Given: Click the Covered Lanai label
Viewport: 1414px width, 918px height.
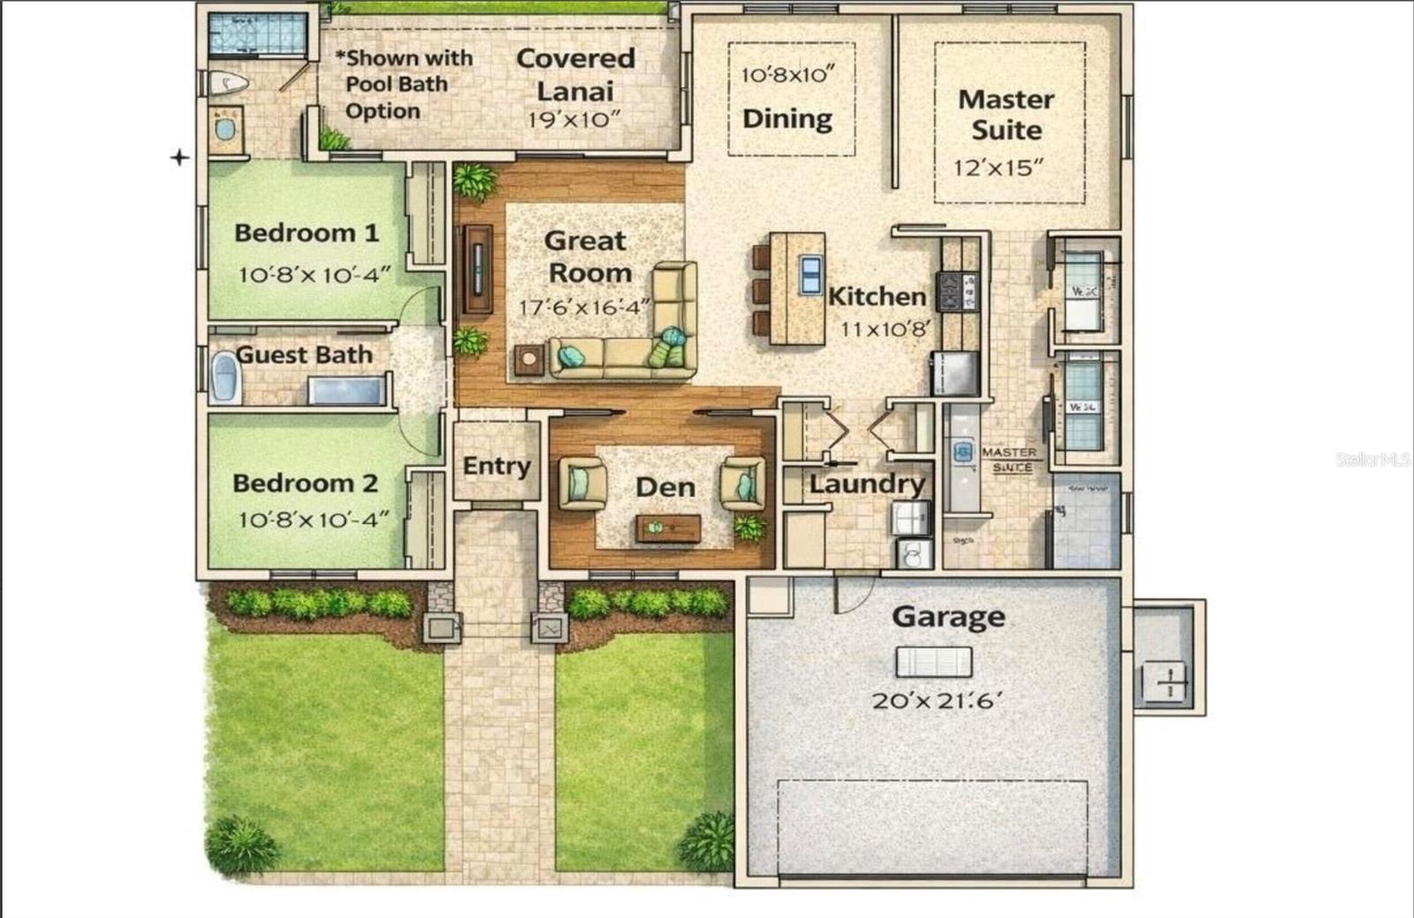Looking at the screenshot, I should click(x=575, y=74).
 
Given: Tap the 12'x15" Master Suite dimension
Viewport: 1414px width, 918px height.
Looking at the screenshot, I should click(x=999, y=168).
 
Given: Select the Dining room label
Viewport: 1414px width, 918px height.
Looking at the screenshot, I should click(x=787, y=119).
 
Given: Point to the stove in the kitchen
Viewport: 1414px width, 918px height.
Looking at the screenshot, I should click(x=959, y=292).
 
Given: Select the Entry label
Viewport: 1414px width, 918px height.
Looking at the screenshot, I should click(x=496, y=467).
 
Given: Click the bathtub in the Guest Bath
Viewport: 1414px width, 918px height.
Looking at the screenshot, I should click(x=225, y=377).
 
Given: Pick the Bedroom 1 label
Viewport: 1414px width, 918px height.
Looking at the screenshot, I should click(x=306, y=233).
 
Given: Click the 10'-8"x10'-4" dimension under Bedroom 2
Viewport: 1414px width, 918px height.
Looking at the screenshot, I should click(x=313, y=520).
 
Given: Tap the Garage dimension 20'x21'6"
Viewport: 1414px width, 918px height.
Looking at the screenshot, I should click(x=937, y=701).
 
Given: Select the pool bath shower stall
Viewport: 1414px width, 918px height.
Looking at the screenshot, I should click(x=257, y=36).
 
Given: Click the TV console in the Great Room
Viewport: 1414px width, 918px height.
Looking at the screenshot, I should click(x=478, y=269).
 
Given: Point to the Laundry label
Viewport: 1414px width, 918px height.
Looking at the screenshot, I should click(x=866, y=484).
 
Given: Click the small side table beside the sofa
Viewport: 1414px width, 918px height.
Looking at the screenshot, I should click(x=529, y=359).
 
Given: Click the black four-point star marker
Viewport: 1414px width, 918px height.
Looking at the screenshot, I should click(x=179, y=157).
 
